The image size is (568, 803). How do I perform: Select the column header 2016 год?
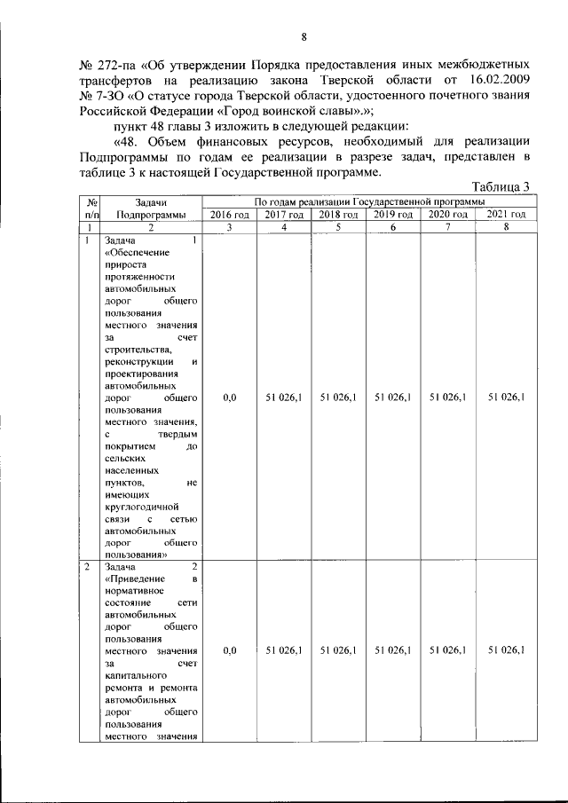229,215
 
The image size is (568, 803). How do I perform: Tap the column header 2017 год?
284,215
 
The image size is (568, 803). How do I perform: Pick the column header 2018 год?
338,215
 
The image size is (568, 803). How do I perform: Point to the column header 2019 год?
393,215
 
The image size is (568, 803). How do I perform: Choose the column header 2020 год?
447,215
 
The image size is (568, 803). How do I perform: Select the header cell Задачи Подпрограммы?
151,209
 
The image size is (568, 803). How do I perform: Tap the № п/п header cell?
91,209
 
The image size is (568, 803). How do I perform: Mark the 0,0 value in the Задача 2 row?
229,650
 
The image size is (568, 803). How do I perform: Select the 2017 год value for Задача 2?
284,650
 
